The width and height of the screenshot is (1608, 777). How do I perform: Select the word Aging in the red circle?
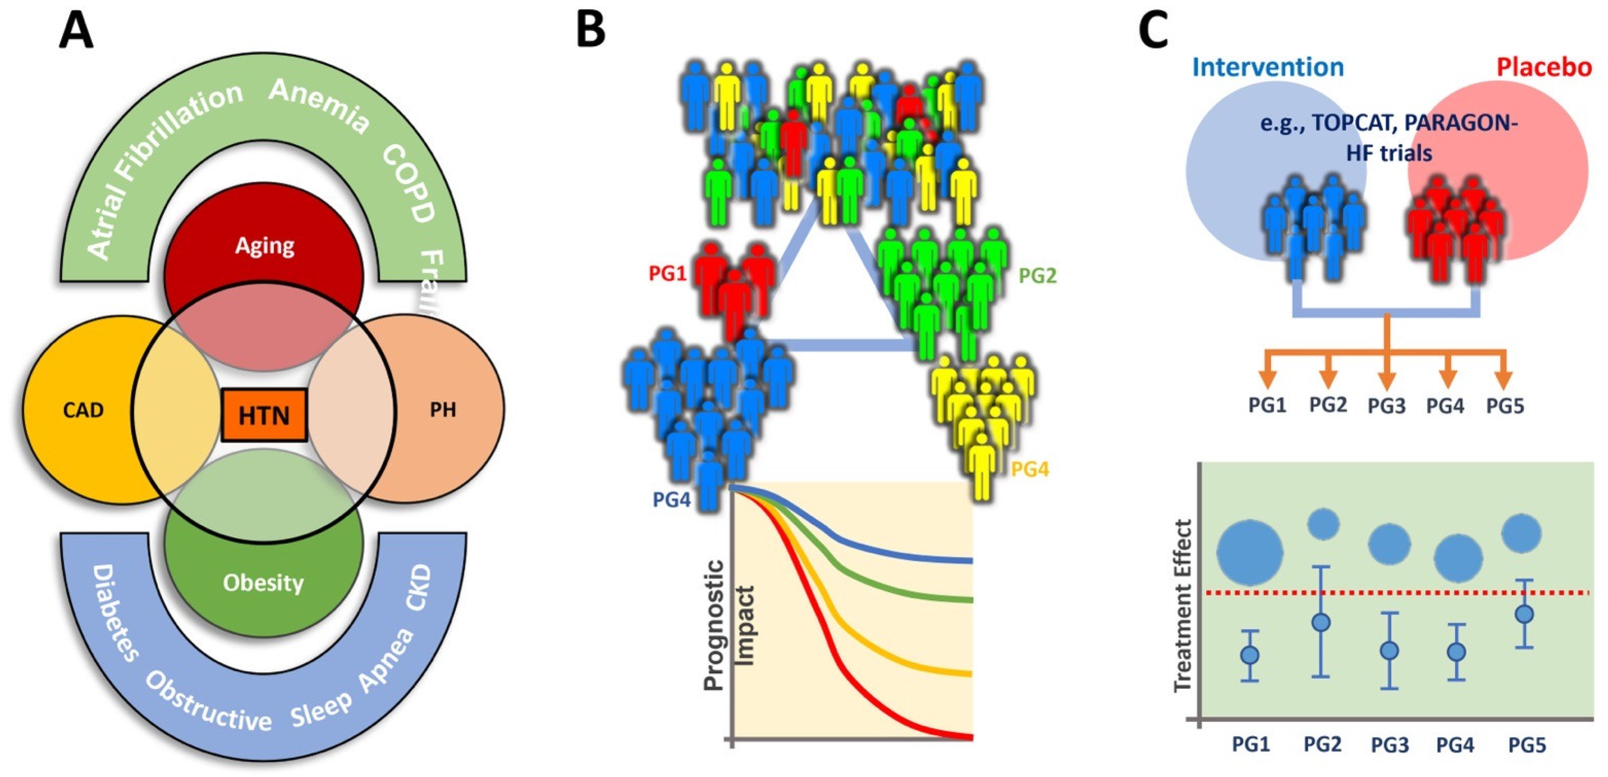(x=264, y=246)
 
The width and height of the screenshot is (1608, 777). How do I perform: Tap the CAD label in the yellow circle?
(x=83, y=410)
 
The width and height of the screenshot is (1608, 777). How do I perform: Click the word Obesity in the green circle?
(x=263, y=583)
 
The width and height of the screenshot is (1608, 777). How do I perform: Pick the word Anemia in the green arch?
(x=319, y=106)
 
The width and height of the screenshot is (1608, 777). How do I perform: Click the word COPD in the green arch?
(x=409, y=184)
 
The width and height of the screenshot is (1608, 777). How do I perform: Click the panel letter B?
(x=590, y=30)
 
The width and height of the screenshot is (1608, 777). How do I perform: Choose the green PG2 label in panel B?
(x=1038, y=275)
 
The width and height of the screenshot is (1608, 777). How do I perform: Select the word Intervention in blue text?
(x=1267, y=67)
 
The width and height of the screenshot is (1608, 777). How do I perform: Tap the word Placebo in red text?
(x=1544, y=67)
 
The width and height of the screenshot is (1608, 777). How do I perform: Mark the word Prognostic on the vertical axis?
(x=713, y=625)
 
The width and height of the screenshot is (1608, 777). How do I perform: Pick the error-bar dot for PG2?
(x=1321, y=622)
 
